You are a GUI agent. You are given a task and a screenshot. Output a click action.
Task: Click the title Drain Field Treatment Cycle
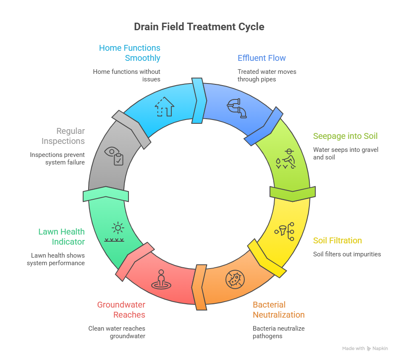pyautogui.click(x=199, y=27)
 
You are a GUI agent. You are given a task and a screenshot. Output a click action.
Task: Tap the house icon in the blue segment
pyautogui.click(x=165, y=107)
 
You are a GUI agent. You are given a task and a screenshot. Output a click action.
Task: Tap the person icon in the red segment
pyautogui.click(x=161, y=279)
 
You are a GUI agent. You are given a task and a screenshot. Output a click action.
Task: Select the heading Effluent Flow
pyautogui.click(x=262, y=58)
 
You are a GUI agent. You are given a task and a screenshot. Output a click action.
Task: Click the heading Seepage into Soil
pyautogui.click(x=345, y=136)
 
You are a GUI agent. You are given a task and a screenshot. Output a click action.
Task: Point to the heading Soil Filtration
pyautogui.click(x=338, y=240)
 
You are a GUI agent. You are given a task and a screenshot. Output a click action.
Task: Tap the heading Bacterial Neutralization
pyautogui.click(x=278, y=310)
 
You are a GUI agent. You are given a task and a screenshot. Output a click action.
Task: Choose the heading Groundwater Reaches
pyautogui.click(x=121, y=310)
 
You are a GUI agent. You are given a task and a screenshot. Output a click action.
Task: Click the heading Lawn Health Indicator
pyautogui.click(x=61, y=237)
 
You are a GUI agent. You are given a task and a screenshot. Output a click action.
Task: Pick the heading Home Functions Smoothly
pyautogui.click(x=130, y=53)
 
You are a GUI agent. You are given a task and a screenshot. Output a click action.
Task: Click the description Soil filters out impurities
pyautogui.click(x=347, y=254)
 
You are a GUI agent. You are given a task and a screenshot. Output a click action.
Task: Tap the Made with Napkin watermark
pyautogui.click(x=365, y=348)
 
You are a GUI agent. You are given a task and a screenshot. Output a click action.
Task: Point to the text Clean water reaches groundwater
pyautogui.click(x=117, y=332)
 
